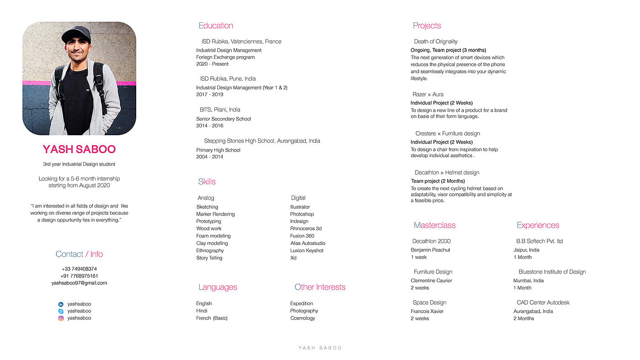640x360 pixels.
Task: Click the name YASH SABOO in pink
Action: pyautogui.click(x=79, y=149)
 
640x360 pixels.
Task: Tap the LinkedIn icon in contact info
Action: pyautogui.click(x=61, y=304)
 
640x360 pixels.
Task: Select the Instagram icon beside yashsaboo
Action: pyautogui.click(x=61, y=318)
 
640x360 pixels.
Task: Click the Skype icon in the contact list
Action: pyautogui.click(x=61, y=311)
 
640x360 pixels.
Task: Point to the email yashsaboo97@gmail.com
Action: pyautogui.click(x=79, y=283)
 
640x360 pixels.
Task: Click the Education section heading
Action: pyautogui.click(x=216, y=26)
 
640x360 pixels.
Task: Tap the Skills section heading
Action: pyautogui.click(x=207, y=182)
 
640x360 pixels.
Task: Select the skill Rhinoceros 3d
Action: pyautogui.click(x=306, y=228)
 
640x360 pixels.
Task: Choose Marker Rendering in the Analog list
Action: pyautogui.click(x=215, y=214)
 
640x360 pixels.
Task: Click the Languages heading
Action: pyautogui.click(x=218, y=287)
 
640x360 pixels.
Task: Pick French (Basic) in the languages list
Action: pyautogui.click(x=212, y=318)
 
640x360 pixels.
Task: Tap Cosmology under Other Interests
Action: pyautogui.click(x=303, y=318)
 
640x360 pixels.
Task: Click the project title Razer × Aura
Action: pyautogui.click(x=428, y=95)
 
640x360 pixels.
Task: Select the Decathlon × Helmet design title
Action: pyautogui.click(x=447, y=173)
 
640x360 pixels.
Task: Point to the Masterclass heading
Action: pyautogui.click(x=434, y=225)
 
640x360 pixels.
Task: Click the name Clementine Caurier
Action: pyautogui.click(x=431, y=281)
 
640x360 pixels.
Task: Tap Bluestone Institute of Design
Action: pyautogui.click(x=552, y=272)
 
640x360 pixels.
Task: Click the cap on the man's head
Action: pyautogui.click(x=76, y=33)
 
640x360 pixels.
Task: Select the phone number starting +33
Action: pyautogui.click(x=79, y=269)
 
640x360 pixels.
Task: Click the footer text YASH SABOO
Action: pyautogui.click(x=320, y=348)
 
